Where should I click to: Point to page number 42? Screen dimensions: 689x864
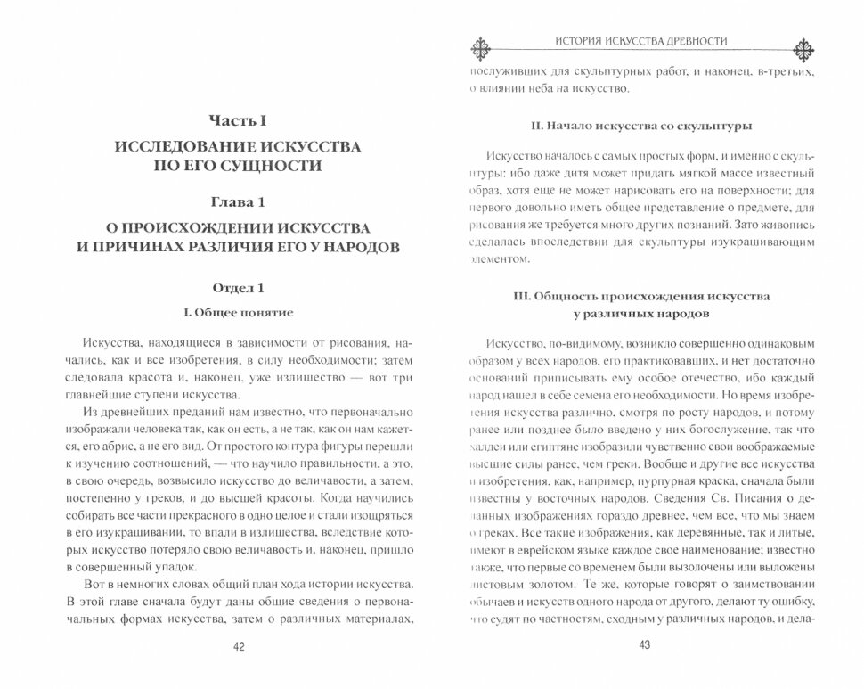point(238,647)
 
